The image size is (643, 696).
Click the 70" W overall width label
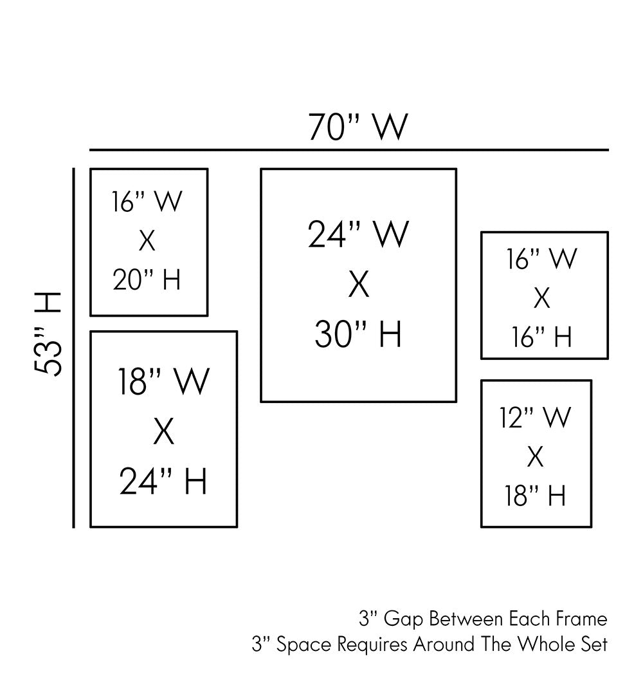coord(358,127)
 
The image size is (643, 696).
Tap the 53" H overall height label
coord(48,334)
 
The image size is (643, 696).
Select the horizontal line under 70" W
coord(349,150)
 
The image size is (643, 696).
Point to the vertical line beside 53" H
coord(75,348)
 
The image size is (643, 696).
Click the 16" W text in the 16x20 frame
coord(147,202)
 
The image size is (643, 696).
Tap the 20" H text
coord(147,280)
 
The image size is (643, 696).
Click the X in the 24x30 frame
coord(358,285)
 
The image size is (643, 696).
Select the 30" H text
coord(358,335)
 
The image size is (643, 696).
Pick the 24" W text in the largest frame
coord(358,234)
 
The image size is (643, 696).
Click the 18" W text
coord(163,382)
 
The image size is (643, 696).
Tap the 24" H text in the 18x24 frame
coord(163,482)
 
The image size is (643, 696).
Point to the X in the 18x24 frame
coord(163,432)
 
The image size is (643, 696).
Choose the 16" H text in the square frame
coord(542,337)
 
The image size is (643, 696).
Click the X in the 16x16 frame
coord(542,299)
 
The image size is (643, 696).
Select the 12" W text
coord(535,418)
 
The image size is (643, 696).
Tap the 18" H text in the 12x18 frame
coord(535,496)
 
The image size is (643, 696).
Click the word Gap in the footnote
coord(404,620)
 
